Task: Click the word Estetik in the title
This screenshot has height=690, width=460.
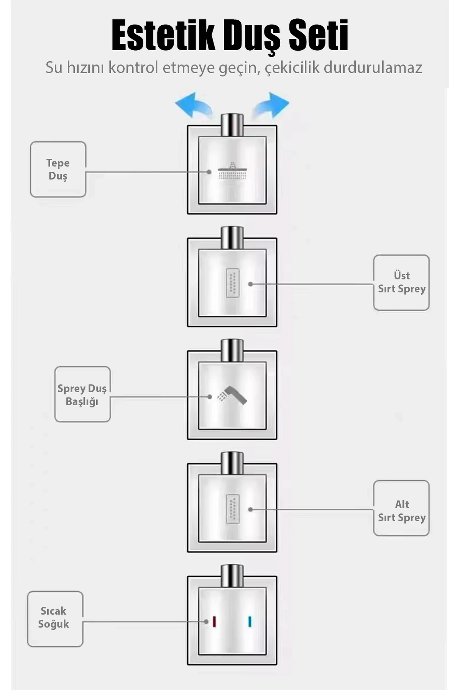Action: tap(163, 35)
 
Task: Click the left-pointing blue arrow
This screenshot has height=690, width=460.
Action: tap(193, 105)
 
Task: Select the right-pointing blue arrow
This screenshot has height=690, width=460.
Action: tap(271, 105)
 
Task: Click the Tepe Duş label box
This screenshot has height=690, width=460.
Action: tap(58, 169)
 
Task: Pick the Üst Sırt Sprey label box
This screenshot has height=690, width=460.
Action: tap(401, 283)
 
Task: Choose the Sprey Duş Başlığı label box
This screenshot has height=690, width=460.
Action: tap(82, 394)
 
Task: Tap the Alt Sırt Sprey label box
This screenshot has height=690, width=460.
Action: tap(401, 508)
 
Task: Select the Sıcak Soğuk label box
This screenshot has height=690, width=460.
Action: tap(55, 619)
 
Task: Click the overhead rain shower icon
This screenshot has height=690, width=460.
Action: tap(232, 171)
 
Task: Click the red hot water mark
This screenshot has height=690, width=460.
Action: tap(214, 621)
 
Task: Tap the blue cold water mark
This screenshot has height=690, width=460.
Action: tap(250, 621)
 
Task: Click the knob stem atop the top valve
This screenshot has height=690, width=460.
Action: tap(232, 124)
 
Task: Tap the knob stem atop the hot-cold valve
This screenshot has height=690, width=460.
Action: tap(232, 575)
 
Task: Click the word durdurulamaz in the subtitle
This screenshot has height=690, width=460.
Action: tap(373, 68)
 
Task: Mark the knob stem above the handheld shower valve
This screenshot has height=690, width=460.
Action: tap(232, 350)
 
